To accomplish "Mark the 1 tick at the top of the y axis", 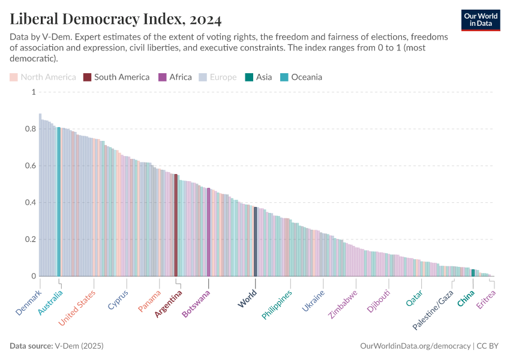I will pos(34,92).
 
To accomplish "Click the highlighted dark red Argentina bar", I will pos(176,225).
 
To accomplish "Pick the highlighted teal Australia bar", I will pos(59,202).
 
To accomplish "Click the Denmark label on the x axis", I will pos(29,303).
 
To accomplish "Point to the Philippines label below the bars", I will pos(277,305).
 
